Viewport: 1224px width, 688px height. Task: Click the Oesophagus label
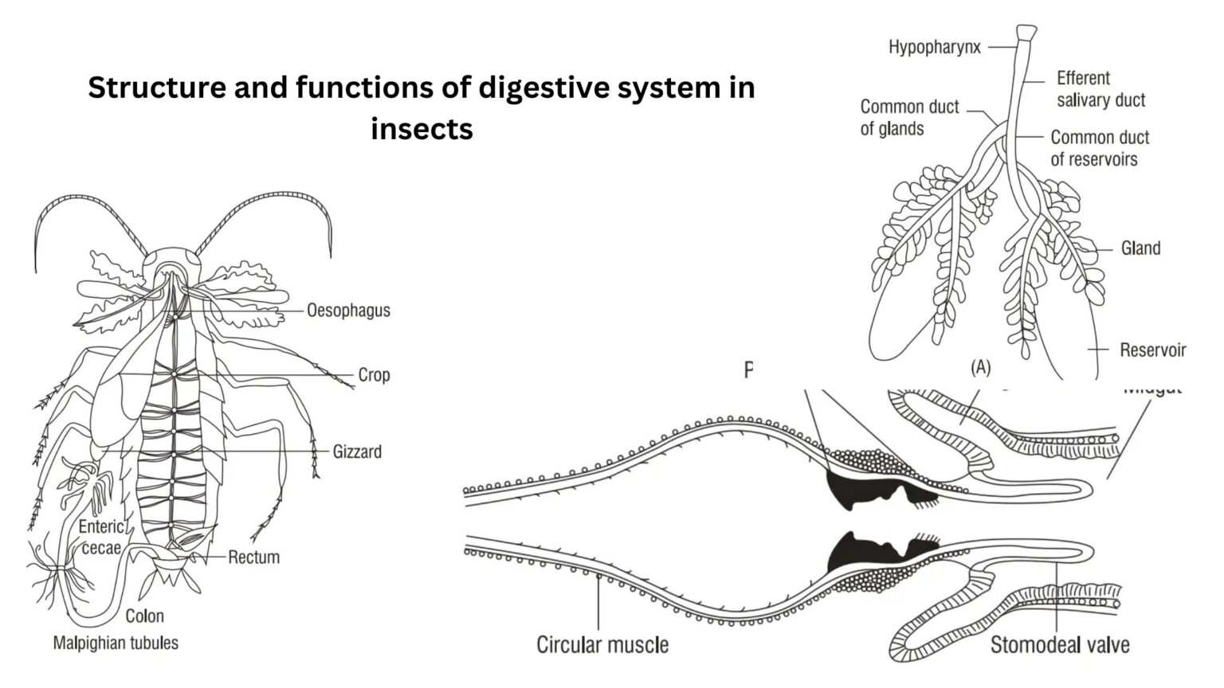(x=348, y=311)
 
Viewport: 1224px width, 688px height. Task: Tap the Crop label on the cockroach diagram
(x=374, y=375)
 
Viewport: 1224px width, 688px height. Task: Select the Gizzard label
(x=357, y=452)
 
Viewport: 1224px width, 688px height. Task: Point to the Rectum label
(x=253, y=557)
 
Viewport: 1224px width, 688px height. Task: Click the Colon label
(x=144, y=616)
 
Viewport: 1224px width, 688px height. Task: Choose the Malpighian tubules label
(x=116, y=643)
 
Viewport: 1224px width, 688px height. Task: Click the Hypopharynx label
(x=934, y=48)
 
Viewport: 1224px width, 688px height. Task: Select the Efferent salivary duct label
(x=1100, y=89)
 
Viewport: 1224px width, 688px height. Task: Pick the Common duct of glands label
(x=909, y=118)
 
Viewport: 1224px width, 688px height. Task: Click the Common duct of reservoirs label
(x=1099, y=148)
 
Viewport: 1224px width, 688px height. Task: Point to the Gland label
(x=1140, y=248)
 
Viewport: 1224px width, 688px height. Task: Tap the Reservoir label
(x=1152, y=350)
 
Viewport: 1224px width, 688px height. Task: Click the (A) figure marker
(x=980, y=367)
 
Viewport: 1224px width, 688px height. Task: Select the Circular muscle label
(x=602, y=644)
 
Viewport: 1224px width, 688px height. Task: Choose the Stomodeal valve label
(x=1059, y=644)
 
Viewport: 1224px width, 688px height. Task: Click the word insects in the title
(x=422, y=128)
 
